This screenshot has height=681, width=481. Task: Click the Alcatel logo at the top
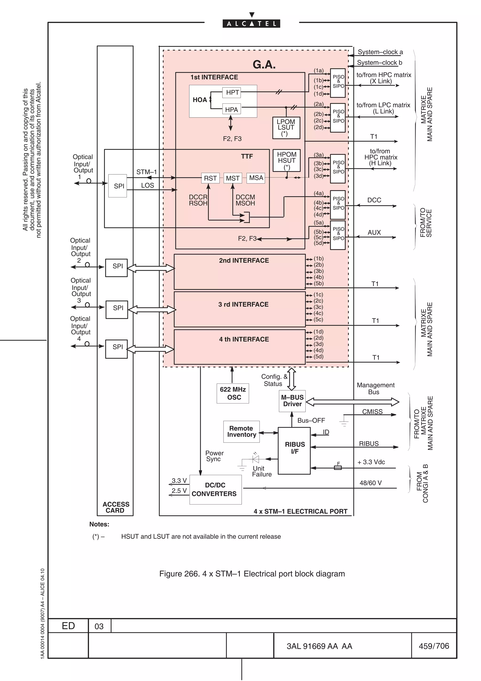(251, 23)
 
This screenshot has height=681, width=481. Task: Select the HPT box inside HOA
(232, 93)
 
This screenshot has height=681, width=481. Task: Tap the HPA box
(232, 110)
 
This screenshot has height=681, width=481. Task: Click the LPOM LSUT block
(286, 128)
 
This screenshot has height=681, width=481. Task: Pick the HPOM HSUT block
(287, 160)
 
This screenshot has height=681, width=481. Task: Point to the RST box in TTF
(210, 178)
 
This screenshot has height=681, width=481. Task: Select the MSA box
(256, 178)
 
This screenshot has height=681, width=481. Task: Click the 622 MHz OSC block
(233, 393)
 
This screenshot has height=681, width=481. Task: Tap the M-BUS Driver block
(292, 401)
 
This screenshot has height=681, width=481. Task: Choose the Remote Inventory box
(241, 431)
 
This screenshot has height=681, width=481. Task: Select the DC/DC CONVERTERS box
(215, 490)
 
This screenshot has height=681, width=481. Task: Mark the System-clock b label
(379, 63)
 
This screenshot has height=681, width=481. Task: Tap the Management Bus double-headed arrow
(353, 402)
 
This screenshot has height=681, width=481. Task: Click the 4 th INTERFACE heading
(244, 339)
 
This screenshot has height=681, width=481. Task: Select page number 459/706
(434, 646)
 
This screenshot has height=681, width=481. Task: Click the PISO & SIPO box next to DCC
(338, 205)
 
